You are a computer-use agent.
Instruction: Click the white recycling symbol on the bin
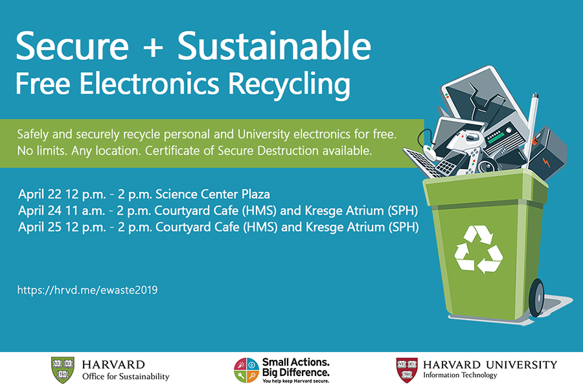pos(478,249)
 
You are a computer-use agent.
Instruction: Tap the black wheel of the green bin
pos(536,298)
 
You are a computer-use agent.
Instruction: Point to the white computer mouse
pos(430,152)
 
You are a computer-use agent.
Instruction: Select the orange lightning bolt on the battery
pos(546,163)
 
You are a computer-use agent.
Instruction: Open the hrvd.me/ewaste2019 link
pos(87,290)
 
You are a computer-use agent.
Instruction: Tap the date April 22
pos(40,194)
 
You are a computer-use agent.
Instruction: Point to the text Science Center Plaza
pos(212,194)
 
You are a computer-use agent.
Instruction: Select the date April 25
pos(40,227)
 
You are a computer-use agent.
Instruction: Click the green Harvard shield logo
pos(62,370)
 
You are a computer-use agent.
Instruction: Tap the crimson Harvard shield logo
pos(407,370)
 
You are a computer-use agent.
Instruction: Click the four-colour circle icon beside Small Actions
pos(246,370)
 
